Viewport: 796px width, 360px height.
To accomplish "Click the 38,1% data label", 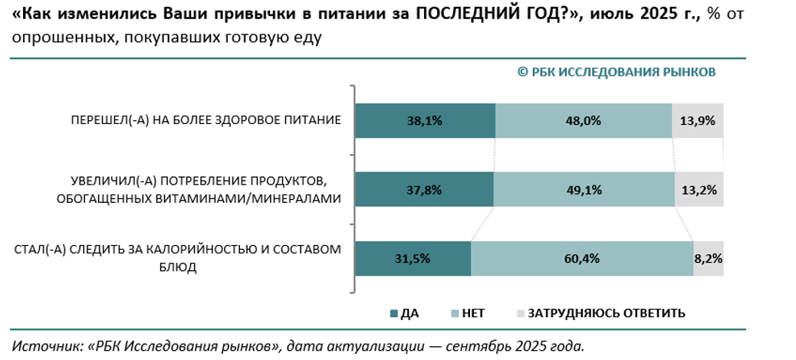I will [x=426, y=120].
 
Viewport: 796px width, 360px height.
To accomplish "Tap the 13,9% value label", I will [x=699, y=120].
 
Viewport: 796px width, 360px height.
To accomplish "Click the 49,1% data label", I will [x=584, y=190].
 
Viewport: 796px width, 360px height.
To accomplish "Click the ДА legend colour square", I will [x=394, y=313].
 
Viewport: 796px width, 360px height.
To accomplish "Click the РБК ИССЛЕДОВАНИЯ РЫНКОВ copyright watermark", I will [x=617, y=71].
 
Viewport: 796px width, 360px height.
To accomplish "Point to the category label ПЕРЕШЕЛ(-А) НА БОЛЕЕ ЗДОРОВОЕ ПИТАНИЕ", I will [x=206, y=120].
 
